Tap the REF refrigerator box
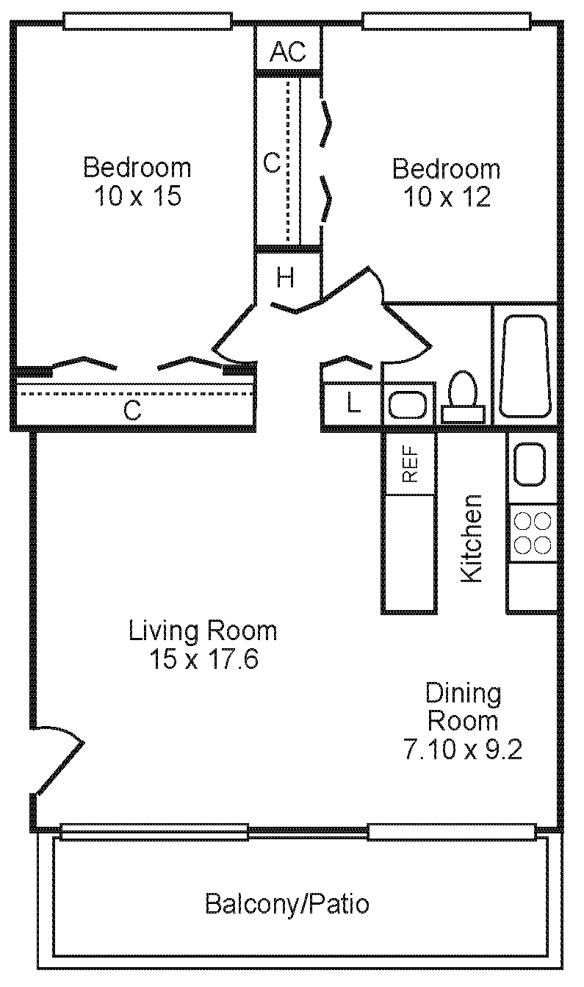coord(409,464)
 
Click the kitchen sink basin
coord(529,464)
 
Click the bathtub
coord(524,365)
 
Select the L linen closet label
coord(353,403)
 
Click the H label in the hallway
coord(286,278)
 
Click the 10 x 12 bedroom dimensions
coord(446,197)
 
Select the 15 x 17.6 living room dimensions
coord(203,659)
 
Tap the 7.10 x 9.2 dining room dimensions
coord(463,749)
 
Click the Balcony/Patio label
coord(286,903)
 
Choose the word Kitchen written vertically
coord(471,538)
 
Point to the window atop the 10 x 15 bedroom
coord(148,22)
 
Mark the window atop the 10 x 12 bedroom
coord(447,22)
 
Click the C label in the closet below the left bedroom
coord(131,411)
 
